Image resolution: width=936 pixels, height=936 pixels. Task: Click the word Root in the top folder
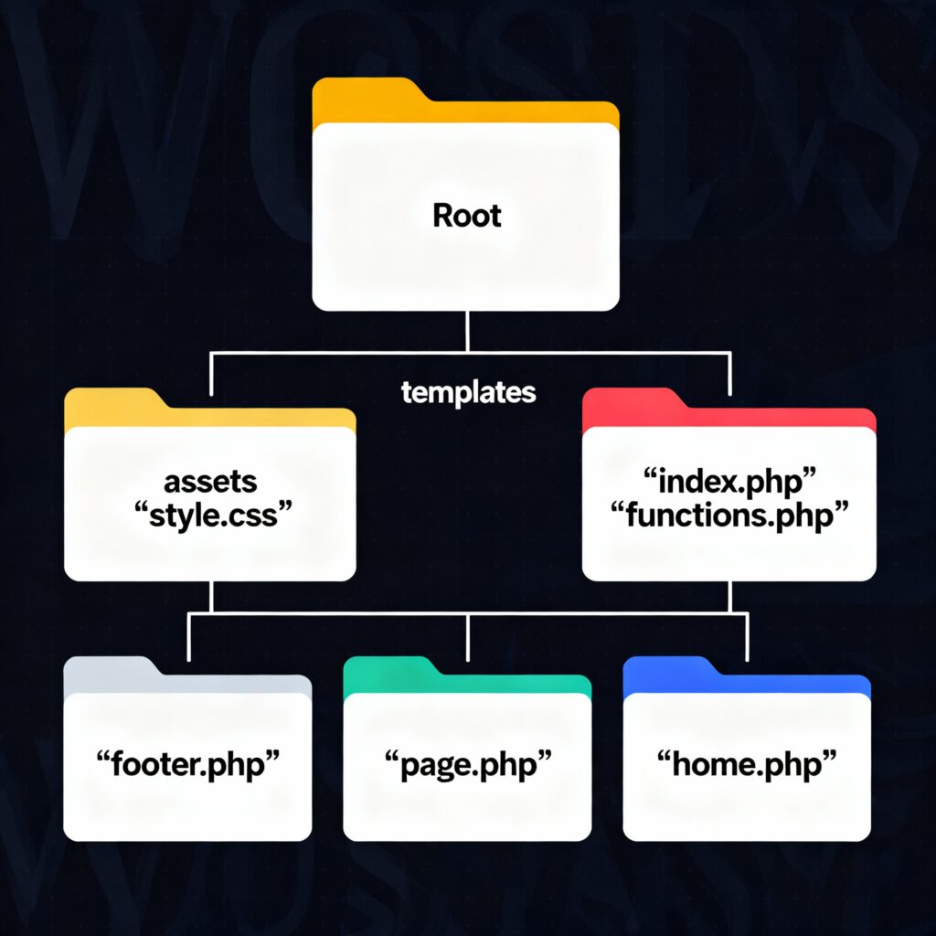466,216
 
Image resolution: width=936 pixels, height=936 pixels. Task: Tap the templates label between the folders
468,393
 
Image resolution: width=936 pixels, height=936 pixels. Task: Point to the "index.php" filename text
729,482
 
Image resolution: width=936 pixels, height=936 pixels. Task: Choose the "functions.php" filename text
729,515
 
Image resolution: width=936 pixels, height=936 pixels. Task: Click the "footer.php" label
187,764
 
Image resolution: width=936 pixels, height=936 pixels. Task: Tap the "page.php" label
467,764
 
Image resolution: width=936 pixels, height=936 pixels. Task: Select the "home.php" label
746,764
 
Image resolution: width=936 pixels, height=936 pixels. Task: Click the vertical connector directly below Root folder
467,331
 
